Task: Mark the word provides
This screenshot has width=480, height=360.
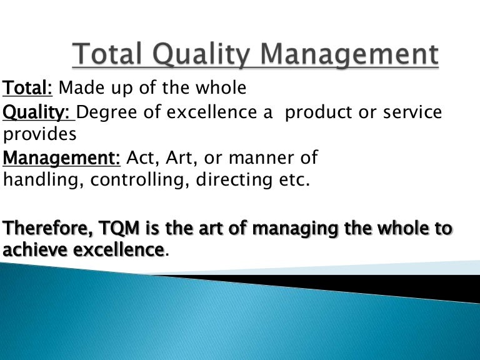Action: point(40,134)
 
